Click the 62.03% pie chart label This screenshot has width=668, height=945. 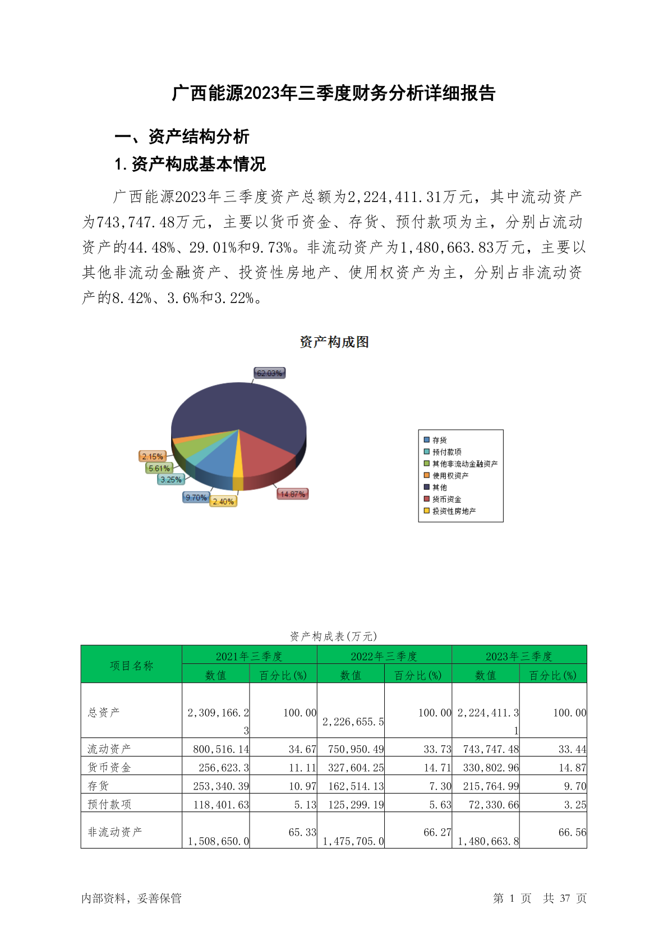click(x=270, y=373)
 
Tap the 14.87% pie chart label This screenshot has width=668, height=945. click(x=292, y=494)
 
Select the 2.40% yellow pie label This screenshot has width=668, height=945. click(x=223, y=502)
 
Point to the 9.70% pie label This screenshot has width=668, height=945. click(x=196, y=497)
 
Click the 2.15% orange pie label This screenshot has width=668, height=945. click(x=153, y=457)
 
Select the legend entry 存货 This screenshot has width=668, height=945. click(x=439, y=441)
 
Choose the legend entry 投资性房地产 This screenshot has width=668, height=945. click(x=454, y=511)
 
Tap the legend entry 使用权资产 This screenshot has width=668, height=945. click(x=450, y=476)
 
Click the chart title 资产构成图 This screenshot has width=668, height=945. click(x=334, y=342)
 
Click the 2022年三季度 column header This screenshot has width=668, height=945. click(x=384, y=656)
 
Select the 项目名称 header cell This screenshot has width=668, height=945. click(x=131, y=666)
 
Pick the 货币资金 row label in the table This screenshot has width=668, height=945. click(x=109, y=767)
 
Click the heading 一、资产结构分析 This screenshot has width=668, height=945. click(x=182, y=136)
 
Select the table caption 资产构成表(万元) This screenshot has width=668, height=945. click(x=334, y=636)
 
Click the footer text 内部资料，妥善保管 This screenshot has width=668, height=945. click(x=131, y=898)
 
